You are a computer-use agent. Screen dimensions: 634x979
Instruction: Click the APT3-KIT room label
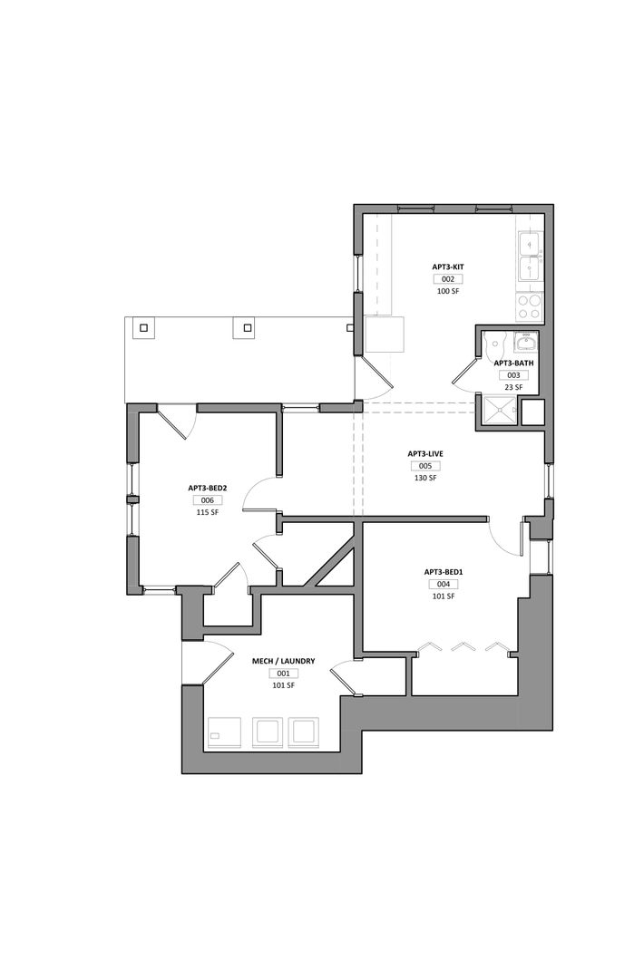coord(448,267)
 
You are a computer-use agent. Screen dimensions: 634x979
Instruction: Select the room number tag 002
coord(448,279)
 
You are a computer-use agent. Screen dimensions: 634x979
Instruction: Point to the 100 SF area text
coord(448,291)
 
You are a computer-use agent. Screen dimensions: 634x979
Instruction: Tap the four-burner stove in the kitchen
coord(530,307)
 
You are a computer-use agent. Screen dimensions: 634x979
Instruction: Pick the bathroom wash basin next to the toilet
coord(525,343)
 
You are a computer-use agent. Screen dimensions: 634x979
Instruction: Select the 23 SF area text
coord(513,387)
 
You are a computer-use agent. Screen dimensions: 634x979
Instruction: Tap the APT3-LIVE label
coord(424,454)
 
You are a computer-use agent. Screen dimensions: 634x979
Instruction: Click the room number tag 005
coord(424,466)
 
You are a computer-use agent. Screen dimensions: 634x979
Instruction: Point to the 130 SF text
coord(424,478)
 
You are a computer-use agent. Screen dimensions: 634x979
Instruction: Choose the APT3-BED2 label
coord(207,489)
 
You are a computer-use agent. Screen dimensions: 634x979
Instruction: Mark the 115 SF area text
coord(207,512)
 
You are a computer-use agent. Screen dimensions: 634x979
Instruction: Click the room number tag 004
coord(444,585)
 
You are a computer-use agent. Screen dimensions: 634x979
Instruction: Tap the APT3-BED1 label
coord(444,572)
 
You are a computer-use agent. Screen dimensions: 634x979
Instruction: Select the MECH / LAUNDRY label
coord(284,661)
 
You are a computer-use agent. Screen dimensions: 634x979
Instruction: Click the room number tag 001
coord(284,673)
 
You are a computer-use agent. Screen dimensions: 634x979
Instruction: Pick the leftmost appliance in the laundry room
coord(224,732)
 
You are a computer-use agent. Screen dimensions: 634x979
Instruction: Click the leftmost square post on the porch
coord(143,327)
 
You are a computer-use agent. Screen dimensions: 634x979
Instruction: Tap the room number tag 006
coord(207,500)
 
